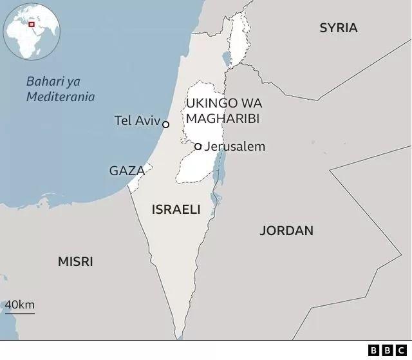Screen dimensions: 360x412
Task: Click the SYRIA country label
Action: (x=338, y=28)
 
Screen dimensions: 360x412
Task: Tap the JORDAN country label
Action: (x=286, y=231)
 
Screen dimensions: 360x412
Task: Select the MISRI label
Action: (x=75, y=261)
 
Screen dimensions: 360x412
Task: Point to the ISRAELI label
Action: (x=176, y=209)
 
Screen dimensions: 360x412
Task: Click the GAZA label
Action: (x=126, y=171)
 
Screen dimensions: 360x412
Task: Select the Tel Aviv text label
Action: (x=136, y=120)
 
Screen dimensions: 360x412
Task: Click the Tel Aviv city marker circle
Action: (x=165, y=124)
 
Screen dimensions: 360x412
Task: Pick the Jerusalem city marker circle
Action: (x=198, y=146)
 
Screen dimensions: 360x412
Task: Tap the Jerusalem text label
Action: (x=234, y=146)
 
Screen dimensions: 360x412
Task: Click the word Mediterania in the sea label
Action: (x=61, y=97)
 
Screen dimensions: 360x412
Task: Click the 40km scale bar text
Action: (x=20, y=305)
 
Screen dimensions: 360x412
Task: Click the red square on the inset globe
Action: (x=30, y=24)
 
